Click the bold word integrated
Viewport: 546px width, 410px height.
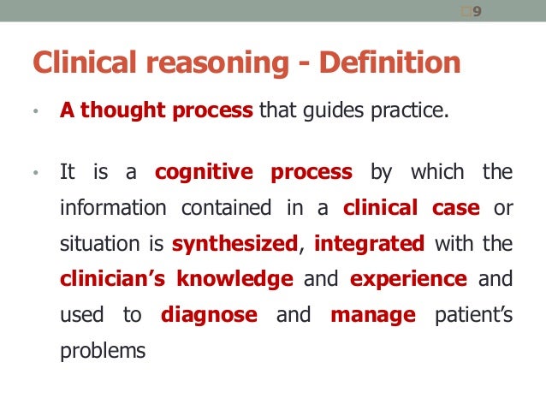coord(369,244)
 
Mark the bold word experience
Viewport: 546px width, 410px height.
coord(408,279)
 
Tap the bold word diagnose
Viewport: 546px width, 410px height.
coord(209,315)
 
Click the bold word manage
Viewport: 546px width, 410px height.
coord(373,315)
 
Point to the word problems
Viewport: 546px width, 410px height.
coord(98,351)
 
